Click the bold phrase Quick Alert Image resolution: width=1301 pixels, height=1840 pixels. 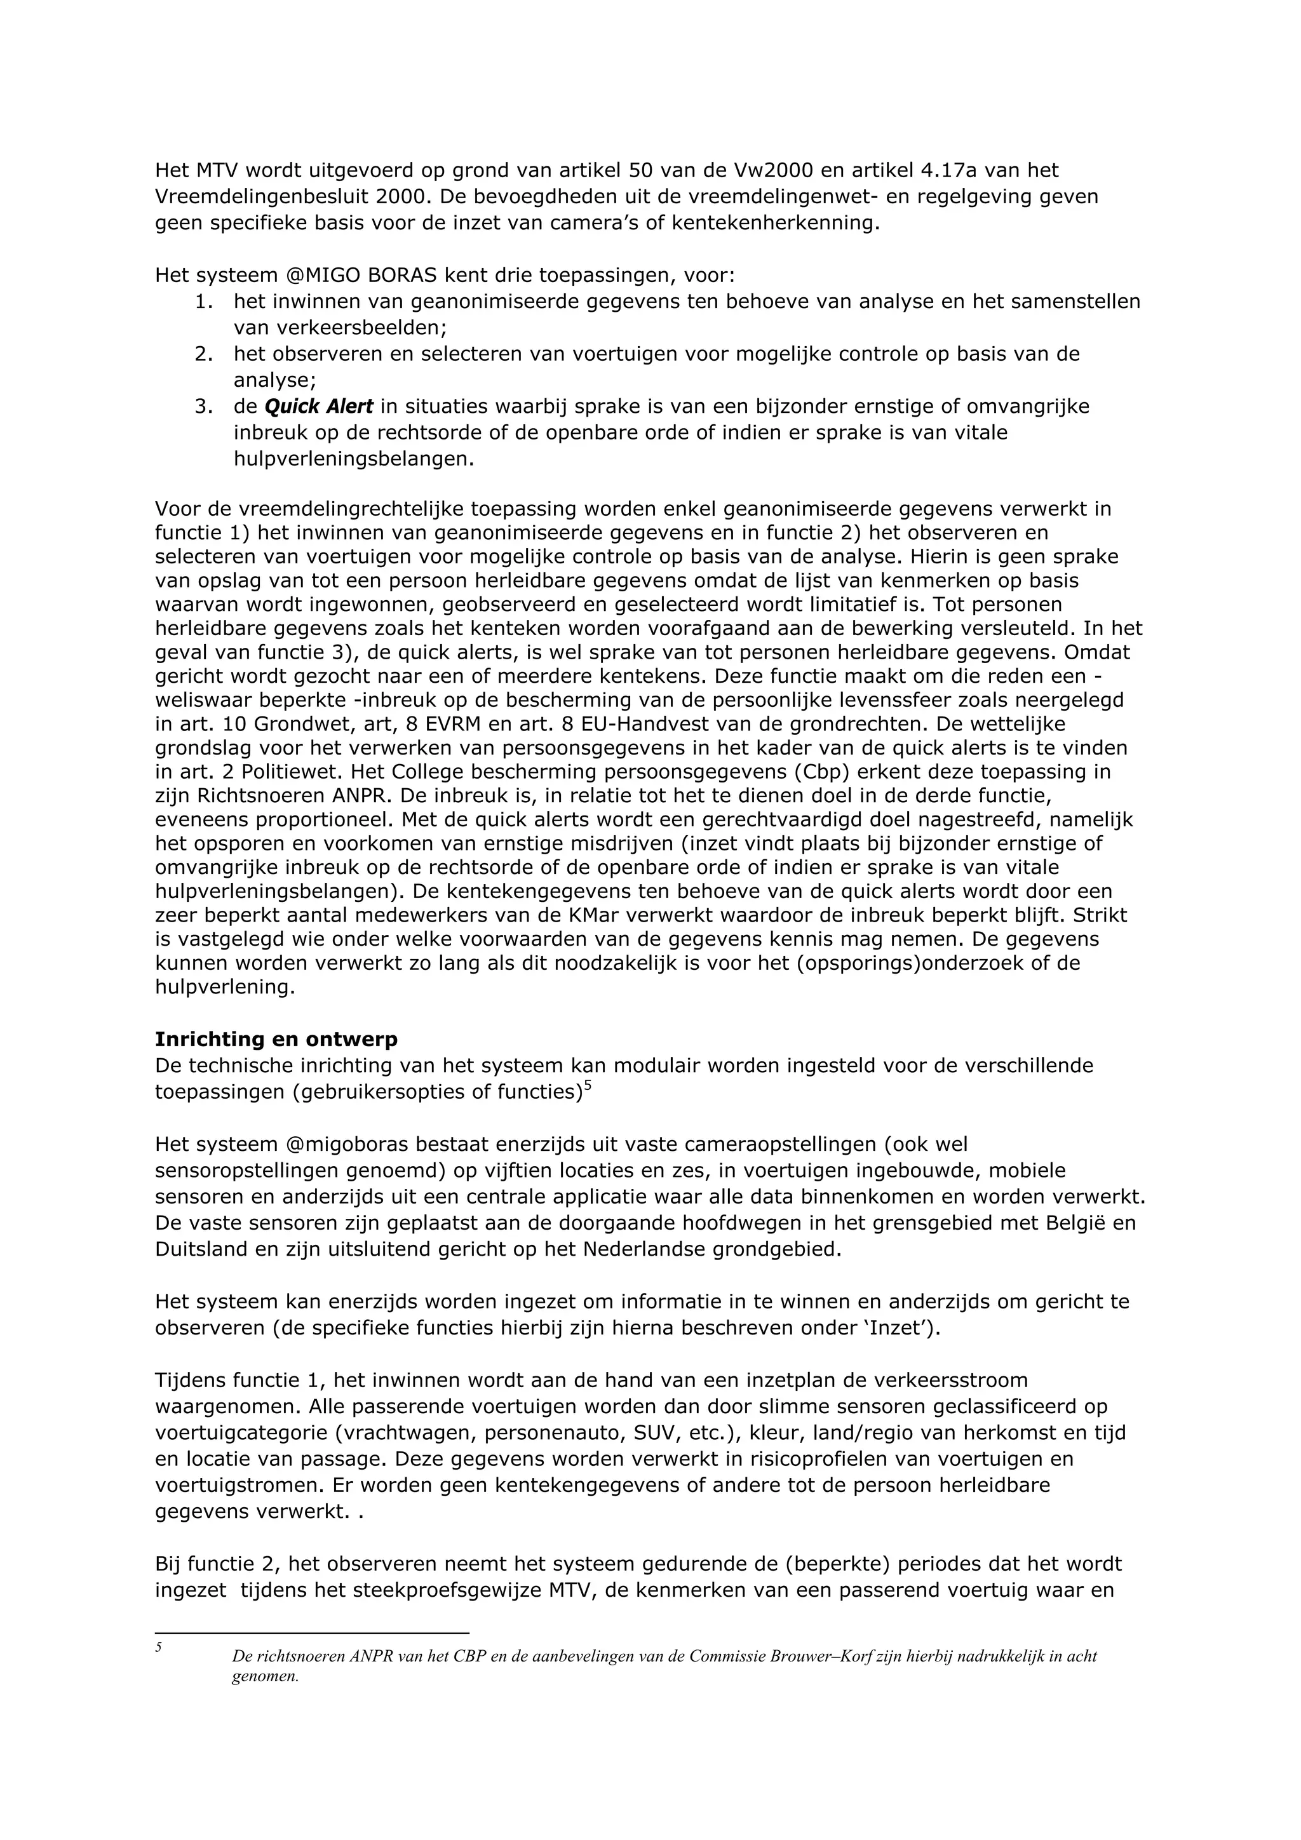click(x=318, y=407)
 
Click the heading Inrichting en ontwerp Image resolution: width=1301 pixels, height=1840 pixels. click(x=276, y=1040)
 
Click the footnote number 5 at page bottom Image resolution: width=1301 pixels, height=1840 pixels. click(x=159, y=1647)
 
